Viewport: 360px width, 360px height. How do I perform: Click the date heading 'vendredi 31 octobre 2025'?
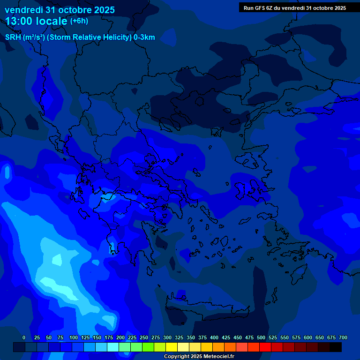[x=60, y=10]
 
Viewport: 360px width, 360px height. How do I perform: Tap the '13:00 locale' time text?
[x=37, y=21]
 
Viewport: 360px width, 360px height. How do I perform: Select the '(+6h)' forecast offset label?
[x=79, y=21]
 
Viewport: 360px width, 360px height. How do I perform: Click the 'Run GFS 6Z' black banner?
[x=294, y=8]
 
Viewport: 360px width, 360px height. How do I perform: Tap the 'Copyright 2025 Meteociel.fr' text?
[x=199, y=357]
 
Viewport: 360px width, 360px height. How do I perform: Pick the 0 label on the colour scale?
[x=24, y=337]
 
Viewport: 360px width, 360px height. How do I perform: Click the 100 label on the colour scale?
[x=74, y=337]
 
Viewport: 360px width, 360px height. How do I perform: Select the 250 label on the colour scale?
[x=144, y=337]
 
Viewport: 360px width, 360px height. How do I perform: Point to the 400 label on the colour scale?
[x=214, y=337]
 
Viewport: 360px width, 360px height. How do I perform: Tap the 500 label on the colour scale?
[x=261, y=337]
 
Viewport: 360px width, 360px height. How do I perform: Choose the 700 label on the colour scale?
[x=343, y=337]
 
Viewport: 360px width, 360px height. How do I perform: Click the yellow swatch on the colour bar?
[x=172, y=347]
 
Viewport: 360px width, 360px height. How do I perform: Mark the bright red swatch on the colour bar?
[x=265, y=347]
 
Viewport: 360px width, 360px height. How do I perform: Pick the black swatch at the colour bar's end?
[x=336, y=347]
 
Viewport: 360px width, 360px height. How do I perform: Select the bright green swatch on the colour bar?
[x=136, y=347]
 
